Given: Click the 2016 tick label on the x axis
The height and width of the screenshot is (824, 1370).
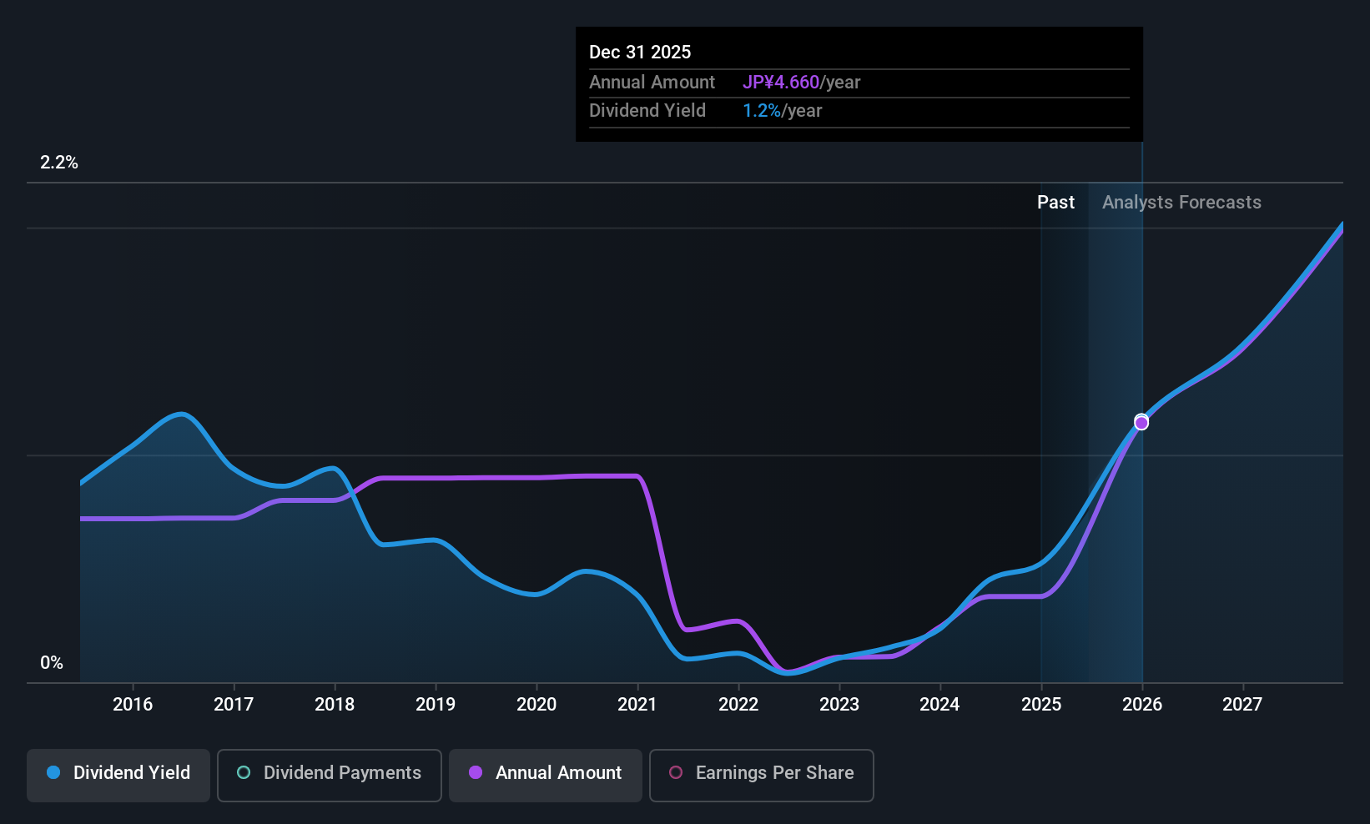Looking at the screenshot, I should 133,705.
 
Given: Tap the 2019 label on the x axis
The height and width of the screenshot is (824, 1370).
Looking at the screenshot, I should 436,705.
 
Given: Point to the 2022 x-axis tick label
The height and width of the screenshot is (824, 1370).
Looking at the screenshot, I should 738,705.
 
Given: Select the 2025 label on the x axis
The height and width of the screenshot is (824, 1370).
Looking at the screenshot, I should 1041,705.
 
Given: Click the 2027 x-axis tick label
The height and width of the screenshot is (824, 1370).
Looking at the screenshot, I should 1242,705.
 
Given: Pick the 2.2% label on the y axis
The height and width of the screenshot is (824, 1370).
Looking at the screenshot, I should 59,163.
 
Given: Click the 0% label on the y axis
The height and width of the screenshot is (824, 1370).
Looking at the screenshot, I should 52,663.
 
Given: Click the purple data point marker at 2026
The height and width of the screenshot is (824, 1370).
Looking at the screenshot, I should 1141,423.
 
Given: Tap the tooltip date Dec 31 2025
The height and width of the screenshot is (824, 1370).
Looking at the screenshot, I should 640,53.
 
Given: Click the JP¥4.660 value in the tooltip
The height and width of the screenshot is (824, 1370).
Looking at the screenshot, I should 781,83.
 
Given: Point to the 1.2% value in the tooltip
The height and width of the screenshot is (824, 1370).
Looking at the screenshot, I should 762,111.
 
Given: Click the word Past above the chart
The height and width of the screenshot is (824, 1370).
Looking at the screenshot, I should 1055,203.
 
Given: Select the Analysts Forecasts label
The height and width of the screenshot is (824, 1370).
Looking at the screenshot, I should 1181,203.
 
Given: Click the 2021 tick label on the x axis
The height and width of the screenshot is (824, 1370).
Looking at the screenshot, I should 637,705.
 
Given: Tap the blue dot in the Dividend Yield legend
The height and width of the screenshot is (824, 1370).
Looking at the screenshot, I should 53,773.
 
